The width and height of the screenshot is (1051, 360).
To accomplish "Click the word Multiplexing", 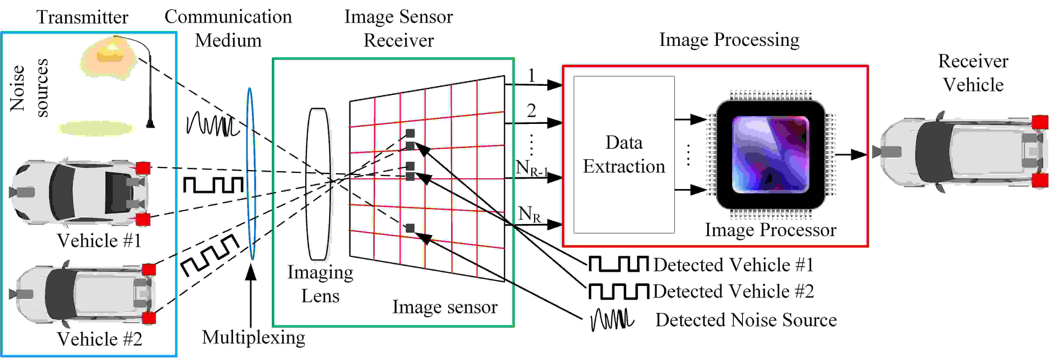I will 253,338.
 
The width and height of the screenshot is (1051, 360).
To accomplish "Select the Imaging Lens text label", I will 320,284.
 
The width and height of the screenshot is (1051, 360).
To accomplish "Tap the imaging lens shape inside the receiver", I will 318,184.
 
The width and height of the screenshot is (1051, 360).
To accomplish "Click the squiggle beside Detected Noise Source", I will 612,319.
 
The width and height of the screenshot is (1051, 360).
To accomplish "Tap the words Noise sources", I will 29,88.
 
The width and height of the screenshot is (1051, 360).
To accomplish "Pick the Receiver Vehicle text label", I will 973,73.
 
